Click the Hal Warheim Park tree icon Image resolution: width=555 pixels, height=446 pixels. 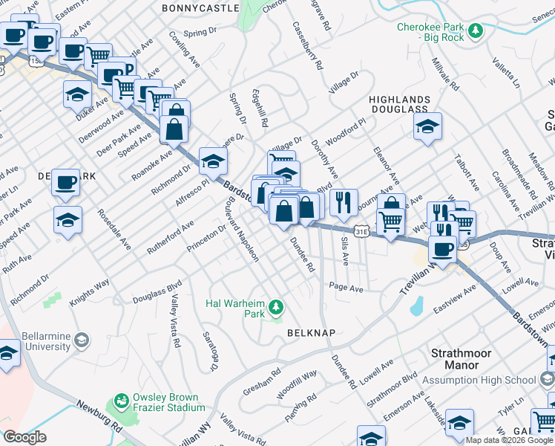pyautogui.click(x=276, y=306)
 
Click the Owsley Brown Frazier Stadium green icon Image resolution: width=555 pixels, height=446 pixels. pyautogui.click(x=119, y=402)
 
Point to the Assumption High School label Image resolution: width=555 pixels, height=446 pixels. pyautogui.click(x=479, y=380)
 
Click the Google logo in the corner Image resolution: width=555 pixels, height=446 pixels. pyautogui.click(x=24, y=437)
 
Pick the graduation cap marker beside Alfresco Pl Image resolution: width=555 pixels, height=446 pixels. pyautogui.click(x=213, y=161)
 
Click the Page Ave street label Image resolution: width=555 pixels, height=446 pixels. pyautogui.click(x=346, y=287)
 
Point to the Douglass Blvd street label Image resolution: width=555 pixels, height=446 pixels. pyautogui.click(x=157, y=291)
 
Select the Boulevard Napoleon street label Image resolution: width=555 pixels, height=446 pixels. pyautogui.click(x=243, y=233)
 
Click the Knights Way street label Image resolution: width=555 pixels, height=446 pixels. pyautogui.click(x=90, y=293)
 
